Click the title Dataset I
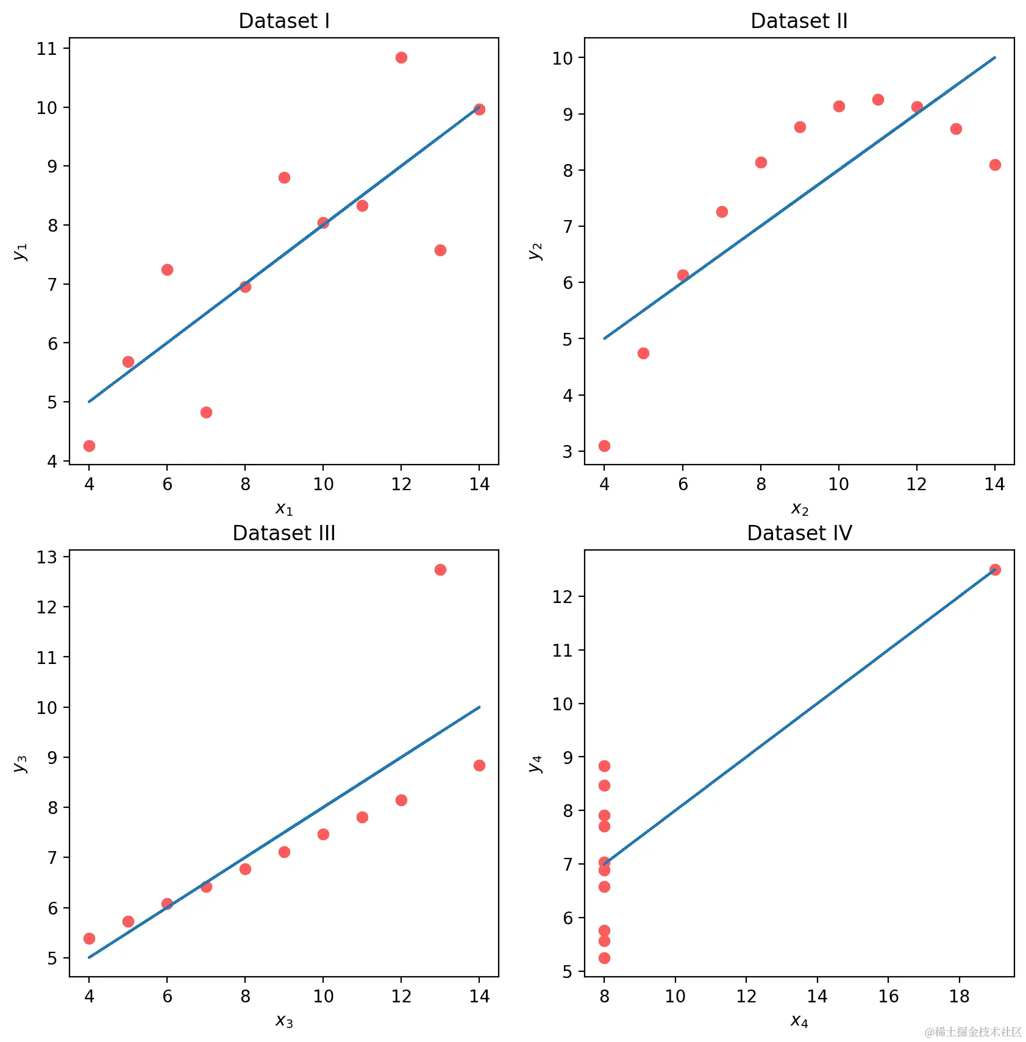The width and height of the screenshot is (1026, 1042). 284,21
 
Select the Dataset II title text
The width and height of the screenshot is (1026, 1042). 799,21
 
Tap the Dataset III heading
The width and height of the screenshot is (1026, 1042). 284,533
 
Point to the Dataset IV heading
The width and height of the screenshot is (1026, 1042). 799,533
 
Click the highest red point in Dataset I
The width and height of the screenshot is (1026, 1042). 401,58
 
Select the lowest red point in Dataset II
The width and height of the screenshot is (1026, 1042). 604,446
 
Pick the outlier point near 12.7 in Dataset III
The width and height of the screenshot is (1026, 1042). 440,569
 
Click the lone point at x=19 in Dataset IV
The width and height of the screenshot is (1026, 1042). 995,569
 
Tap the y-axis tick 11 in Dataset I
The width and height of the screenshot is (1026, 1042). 46,49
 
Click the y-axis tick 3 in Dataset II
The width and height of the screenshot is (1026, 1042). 568,452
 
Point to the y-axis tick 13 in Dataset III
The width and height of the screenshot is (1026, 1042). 46,557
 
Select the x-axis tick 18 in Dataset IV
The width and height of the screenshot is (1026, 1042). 959,996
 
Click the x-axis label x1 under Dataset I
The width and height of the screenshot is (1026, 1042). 284,509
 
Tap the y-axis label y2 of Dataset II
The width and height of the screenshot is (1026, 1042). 535,251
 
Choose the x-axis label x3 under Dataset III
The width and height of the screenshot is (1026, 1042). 284,1021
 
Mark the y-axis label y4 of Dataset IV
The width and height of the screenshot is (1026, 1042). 535,763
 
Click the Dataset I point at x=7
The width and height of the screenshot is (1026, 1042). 206,412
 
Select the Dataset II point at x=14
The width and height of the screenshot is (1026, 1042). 995,165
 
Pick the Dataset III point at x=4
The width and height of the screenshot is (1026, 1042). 89,938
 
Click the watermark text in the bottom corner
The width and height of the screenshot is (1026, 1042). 973,1032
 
